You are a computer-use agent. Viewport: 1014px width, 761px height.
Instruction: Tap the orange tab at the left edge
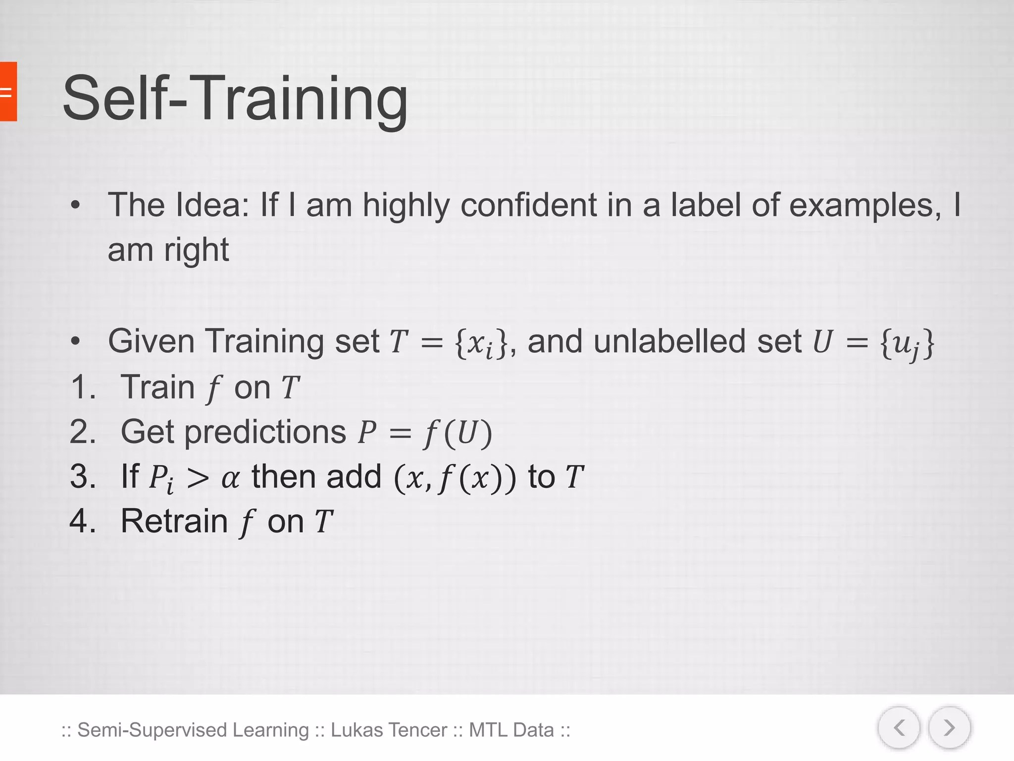8,92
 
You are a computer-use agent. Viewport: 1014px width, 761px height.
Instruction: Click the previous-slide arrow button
899,728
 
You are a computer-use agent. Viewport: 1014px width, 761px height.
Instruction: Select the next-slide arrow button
949,728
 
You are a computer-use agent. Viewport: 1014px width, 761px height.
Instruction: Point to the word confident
528,206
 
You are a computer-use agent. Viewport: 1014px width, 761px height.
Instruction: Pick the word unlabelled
671,342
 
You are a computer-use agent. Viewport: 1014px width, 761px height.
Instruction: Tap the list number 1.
82,387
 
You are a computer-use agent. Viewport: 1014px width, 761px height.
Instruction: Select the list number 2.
82,432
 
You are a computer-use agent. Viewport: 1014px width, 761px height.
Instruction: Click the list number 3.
82,477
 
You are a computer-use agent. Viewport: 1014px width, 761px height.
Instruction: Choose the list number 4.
82,522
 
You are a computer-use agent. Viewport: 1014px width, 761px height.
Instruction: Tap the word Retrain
174,522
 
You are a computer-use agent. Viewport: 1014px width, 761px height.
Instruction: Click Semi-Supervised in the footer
152,730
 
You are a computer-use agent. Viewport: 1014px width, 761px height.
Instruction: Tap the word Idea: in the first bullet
212,206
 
